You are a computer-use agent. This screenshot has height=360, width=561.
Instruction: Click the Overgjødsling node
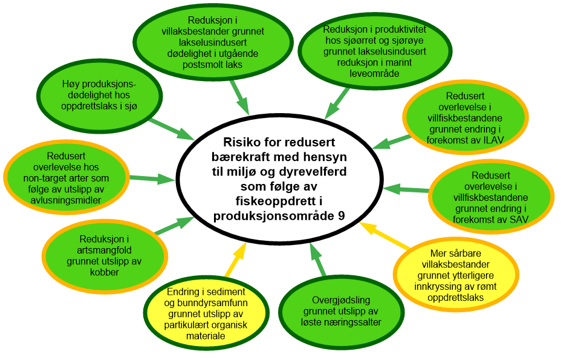pos(342,312)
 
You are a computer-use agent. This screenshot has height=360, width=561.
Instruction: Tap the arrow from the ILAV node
pos(391,142)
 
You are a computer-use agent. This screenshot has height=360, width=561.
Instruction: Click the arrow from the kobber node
pos(173,226)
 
